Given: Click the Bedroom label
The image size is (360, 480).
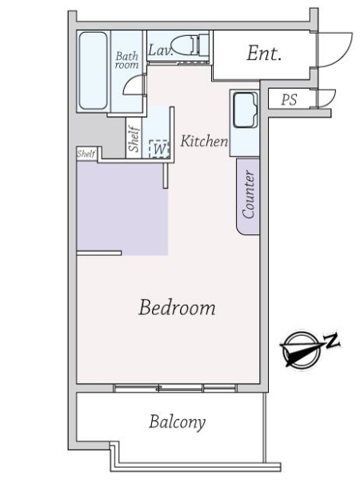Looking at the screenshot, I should (x=177, y=307).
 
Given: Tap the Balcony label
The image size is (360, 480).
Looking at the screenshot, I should (x=177, y=422).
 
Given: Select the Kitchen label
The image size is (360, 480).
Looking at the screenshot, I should (x=204, y=142).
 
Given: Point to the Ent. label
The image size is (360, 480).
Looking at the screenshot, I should (x=263, y=54).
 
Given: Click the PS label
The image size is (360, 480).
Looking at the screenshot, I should (x=289, y=100).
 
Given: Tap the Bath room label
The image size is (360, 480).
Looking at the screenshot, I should (x=126, y=60).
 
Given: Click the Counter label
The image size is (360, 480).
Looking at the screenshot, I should (x=249, y=194).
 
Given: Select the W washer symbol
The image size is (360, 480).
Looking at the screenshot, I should (x=159, y=147).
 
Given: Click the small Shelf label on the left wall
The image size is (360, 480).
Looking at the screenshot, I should (x=86, y=153).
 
